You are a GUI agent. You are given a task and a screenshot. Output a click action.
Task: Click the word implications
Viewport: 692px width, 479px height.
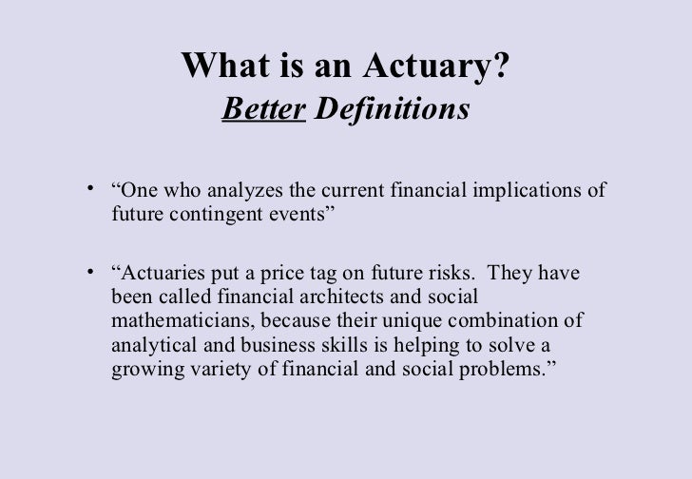(532, 188)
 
